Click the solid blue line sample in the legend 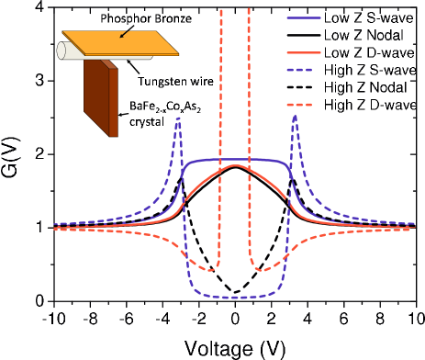[x=303, y=17]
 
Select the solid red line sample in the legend [x=303, y=52]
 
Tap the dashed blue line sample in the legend [x=299, y=70]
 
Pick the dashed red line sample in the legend [x=299, y=105]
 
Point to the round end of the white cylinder [x=62, y=51]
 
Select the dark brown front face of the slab [x=95, y=96]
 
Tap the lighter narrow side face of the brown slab [x=113, y=102]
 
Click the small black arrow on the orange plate [x=124, y=34]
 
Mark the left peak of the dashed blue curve [x=178, y=118]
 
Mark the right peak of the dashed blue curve [x=294, y=117]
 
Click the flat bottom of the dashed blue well [x=235, y=297]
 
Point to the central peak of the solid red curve [x=236, y=166]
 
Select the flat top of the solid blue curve [x=236, y=160]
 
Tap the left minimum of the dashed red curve [x=209, y=270]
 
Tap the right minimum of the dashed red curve [x=262, y=270]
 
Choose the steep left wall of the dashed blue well [x=186, y=248]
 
